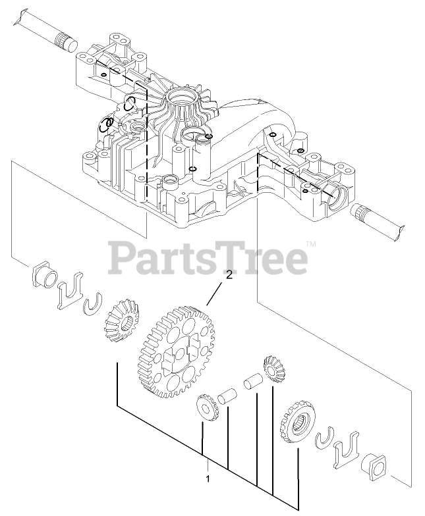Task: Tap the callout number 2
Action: pyautogui.click(x=229, y=276)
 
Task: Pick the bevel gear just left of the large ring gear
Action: pyautogui.click(x=120, y=317)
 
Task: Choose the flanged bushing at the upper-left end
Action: pyautogui.click(x=43, y=276)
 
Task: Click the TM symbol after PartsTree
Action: pyautogui.click(x=311, y=245)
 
